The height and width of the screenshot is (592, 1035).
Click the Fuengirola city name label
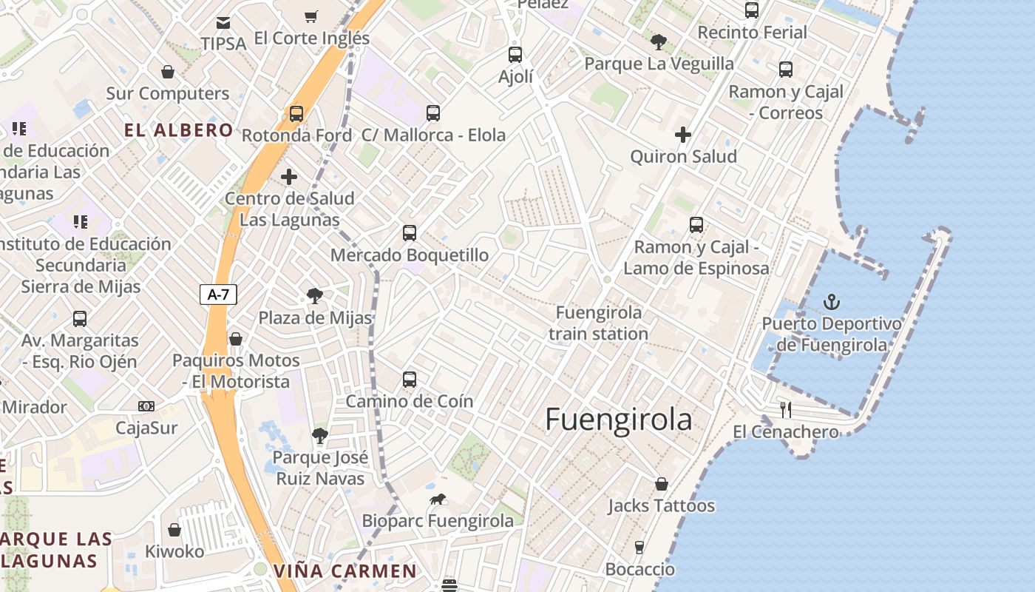618,420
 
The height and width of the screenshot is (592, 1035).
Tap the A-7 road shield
218,294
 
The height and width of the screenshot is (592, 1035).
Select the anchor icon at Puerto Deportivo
832,302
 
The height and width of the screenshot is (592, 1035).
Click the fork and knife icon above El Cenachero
786,409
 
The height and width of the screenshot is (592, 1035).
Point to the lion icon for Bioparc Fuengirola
438,499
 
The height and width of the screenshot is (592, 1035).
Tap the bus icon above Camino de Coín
410,380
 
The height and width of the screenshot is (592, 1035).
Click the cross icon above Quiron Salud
683,135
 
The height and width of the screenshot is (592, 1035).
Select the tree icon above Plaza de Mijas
315,296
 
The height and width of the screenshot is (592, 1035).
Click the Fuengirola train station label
599,323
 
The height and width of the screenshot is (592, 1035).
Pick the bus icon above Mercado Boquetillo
410,233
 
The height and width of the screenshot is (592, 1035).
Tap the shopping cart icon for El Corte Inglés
311,16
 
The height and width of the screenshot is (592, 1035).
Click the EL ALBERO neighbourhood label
179,131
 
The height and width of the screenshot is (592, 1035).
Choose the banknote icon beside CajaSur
146,406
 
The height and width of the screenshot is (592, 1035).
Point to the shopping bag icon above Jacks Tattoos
662,484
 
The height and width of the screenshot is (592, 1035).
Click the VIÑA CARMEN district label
345,571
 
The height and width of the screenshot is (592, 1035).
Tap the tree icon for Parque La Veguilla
659,42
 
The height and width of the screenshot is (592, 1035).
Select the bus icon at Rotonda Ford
296,114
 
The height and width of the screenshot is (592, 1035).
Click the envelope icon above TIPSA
223,22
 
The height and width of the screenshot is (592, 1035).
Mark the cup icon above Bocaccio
639,548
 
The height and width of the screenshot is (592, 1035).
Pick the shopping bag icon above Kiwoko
174,530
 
